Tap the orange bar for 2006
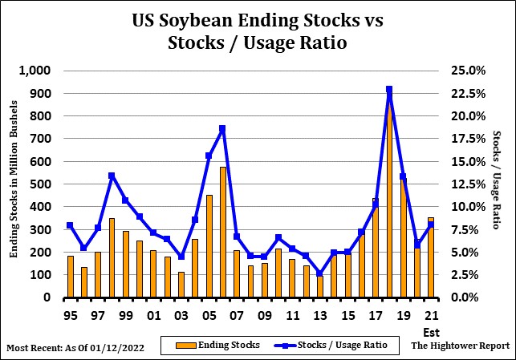click(223, 233)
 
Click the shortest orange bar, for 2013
click(319, 286)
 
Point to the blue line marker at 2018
click(389, 90)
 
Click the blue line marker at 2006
click(222, 129)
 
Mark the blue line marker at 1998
click(112, 176)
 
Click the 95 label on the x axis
click(70, 313)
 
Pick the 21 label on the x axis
click(431, 313)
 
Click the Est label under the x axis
click(431, 330)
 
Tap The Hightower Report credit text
click(460, 346)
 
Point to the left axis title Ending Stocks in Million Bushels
click(14, 184)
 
